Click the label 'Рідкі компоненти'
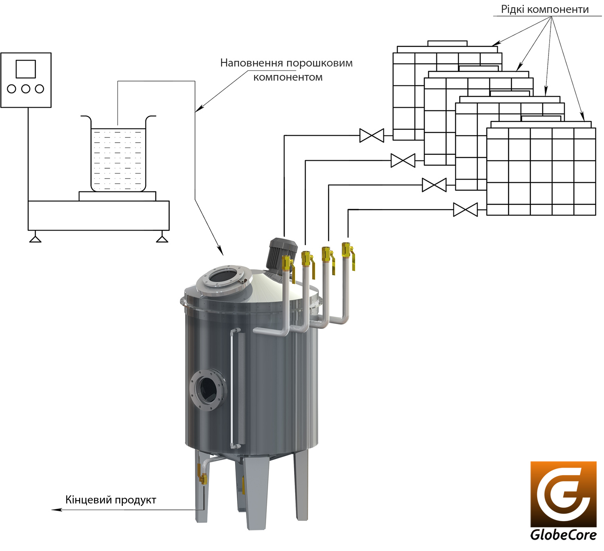544,9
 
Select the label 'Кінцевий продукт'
111,500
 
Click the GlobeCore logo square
563,494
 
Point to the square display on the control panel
26,69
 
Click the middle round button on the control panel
26,89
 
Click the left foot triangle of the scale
35,239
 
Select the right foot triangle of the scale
162,239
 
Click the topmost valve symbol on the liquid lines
372,135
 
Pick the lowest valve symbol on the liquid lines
465,210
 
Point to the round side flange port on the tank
208,389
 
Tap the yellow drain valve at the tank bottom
203,478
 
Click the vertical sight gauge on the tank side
235,389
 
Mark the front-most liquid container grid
541,171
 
